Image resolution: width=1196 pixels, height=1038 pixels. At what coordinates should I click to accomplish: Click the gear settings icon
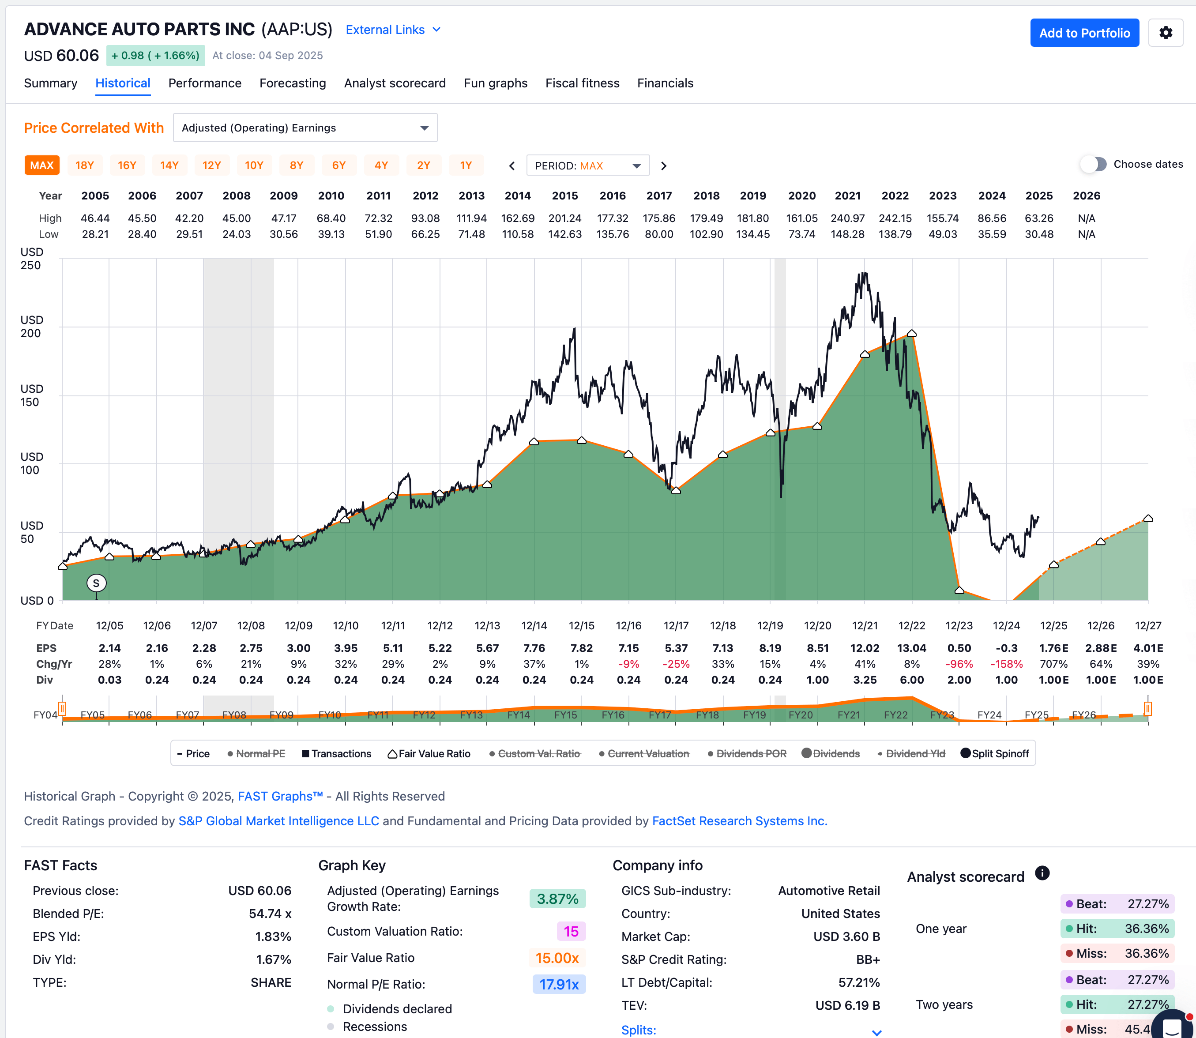[x=1165, y=33]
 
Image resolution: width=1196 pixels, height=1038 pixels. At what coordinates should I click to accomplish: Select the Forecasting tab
[x=293, y=83]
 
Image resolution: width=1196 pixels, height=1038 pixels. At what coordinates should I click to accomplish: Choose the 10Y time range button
[x=254, y=165]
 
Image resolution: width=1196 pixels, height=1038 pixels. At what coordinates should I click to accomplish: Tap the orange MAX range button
[x=41, y=165]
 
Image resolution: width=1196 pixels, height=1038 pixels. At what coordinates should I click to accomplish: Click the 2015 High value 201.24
[x=565, y=218]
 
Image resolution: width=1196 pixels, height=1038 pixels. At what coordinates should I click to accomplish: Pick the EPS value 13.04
[x=912, y=648]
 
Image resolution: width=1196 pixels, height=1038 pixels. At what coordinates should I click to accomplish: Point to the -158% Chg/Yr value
[x=1006, y=664]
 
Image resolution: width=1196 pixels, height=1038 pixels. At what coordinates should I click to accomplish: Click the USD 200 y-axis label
[x=31, y=327]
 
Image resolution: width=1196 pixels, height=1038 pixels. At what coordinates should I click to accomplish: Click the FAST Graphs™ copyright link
[x=280, y=797]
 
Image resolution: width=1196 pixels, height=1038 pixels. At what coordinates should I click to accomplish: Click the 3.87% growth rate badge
[x=557, y=899]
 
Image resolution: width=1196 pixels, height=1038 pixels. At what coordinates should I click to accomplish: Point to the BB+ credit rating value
[x=868, y=960]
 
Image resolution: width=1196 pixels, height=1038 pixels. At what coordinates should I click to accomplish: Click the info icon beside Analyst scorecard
[x=1042, y=873]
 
